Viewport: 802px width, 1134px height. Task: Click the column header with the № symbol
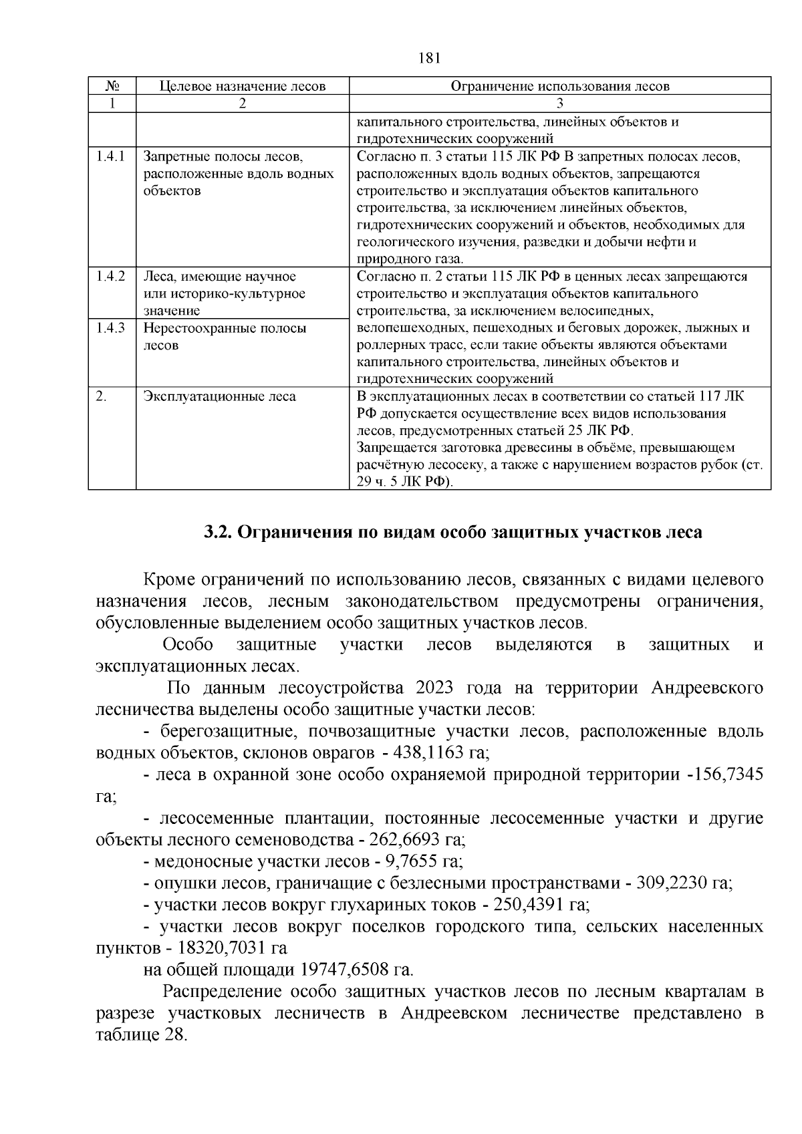tap(112, 86)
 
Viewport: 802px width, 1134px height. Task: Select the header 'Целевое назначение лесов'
tap(242, 86)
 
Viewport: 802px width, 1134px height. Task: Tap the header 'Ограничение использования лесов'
tap(559, 86)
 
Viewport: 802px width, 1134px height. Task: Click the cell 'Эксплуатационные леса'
tap(220, 397)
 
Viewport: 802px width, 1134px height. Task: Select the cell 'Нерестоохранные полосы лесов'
tap(225, 336)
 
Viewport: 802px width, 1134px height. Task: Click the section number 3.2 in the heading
tap(217, 533)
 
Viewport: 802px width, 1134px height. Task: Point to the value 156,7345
tap(728, 775)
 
